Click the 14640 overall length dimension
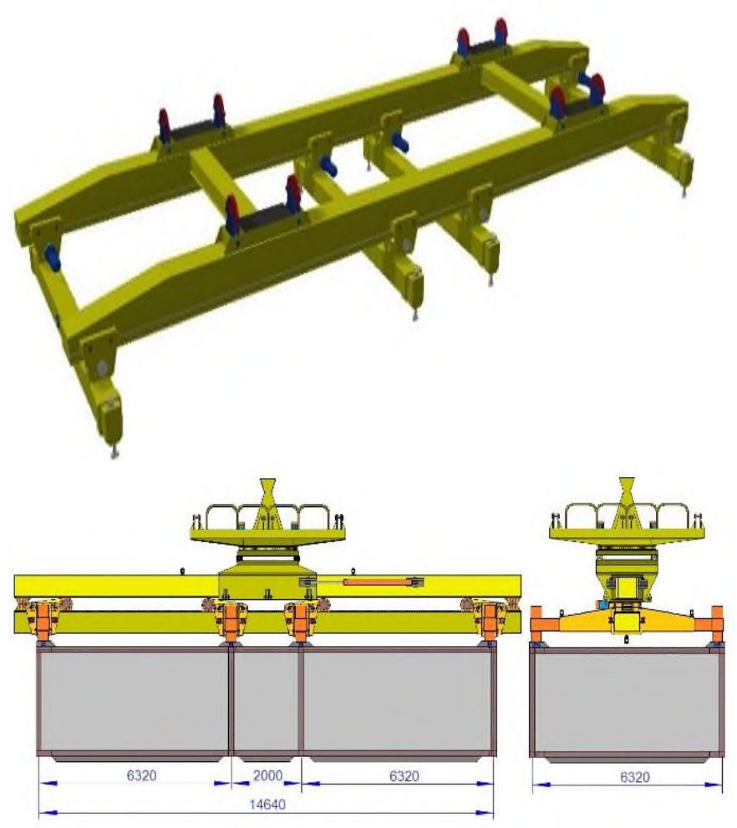(x=267, y=805)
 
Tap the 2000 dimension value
(x=267, y=775)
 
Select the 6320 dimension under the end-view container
(x=634, y=777)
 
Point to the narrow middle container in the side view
(x=266, y=701)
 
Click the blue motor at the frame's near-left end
(x=53, y=257)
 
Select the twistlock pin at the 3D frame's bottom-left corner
(x=114, y=452)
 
